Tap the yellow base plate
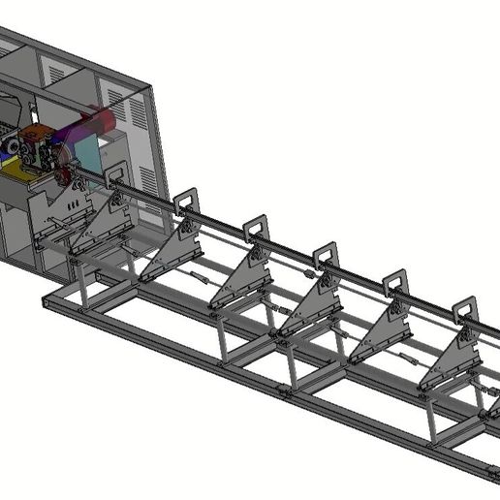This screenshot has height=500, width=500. tap(16, 170)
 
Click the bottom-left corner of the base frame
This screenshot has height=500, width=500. tap(46, 304)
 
